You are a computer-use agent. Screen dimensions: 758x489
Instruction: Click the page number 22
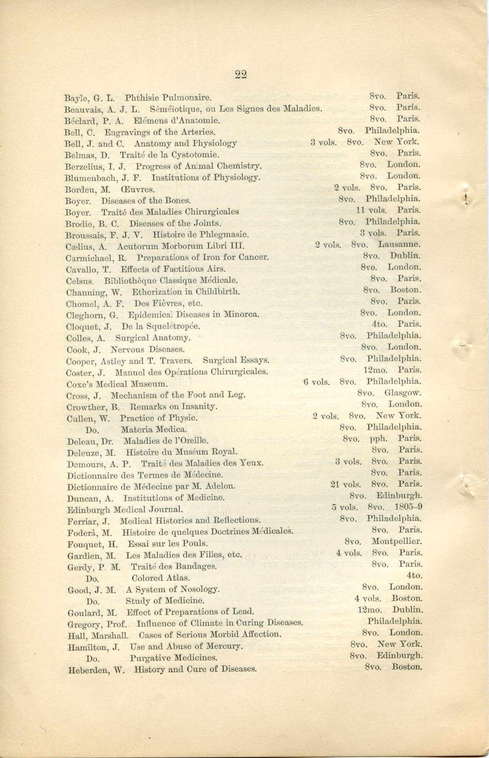(x=241, y=75)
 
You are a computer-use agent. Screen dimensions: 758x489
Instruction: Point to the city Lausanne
(x=399, y=245)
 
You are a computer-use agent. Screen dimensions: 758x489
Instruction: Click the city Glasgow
(x=403, y=393)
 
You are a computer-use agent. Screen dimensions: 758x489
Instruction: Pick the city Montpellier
(x=396, y=541)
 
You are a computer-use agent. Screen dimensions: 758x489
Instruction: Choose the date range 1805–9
(x=408, y=507)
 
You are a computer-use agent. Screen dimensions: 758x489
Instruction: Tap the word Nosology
(x=200, y=589)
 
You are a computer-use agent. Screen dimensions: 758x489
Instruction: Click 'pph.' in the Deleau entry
(x=378, y=439)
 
